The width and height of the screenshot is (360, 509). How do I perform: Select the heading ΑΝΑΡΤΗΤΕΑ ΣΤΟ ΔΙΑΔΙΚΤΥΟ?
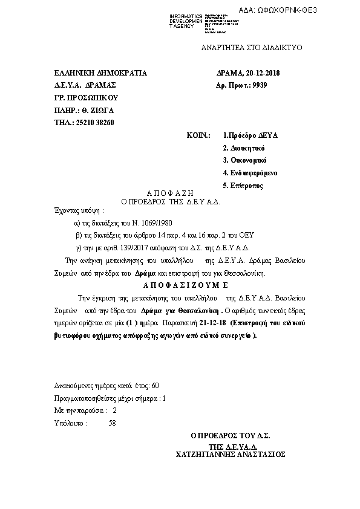(251, 48)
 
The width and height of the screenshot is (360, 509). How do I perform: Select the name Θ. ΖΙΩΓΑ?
(97, 111)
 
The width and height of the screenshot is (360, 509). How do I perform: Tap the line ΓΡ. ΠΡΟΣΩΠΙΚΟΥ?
(85, 98)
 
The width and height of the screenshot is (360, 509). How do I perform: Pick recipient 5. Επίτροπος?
(243, 186)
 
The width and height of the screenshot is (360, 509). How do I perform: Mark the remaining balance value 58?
(112, 423)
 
